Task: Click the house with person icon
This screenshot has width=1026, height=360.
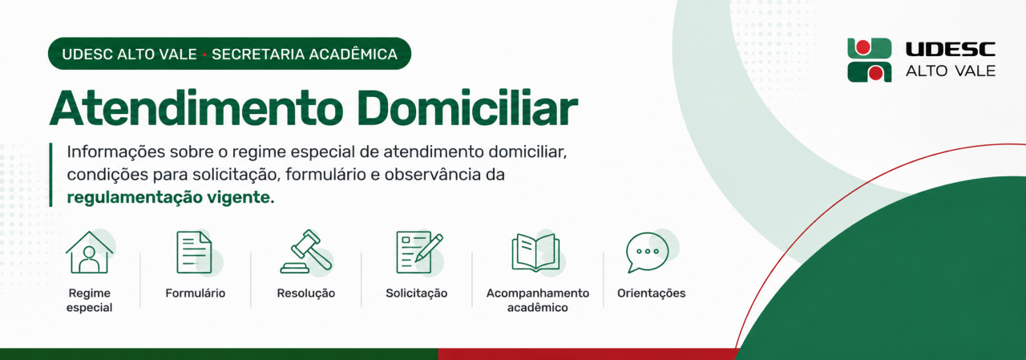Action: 89,253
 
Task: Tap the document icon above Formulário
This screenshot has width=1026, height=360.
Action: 194,253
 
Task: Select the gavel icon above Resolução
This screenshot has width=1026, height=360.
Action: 306,252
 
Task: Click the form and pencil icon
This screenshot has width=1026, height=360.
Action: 419,253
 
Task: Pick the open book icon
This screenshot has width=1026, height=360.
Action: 535,253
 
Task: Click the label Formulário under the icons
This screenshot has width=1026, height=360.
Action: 195,293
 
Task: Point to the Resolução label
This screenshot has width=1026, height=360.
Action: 306,293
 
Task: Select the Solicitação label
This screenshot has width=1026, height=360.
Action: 416,293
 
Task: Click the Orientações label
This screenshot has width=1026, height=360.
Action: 651,293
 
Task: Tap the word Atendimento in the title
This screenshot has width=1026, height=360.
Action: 196,108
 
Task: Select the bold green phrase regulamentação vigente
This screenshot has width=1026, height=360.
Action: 171,198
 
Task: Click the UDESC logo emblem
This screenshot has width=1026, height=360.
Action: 869,60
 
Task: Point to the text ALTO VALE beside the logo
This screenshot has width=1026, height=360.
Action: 951,71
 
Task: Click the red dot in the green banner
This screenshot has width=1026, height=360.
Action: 204,55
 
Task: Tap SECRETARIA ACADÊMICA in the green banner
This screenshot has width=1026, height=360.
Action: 304,54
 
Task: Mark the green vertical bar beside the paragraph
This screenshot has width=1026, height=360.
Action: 50,175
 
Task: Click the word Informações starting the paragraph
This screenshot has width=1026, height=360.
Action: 116,152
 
